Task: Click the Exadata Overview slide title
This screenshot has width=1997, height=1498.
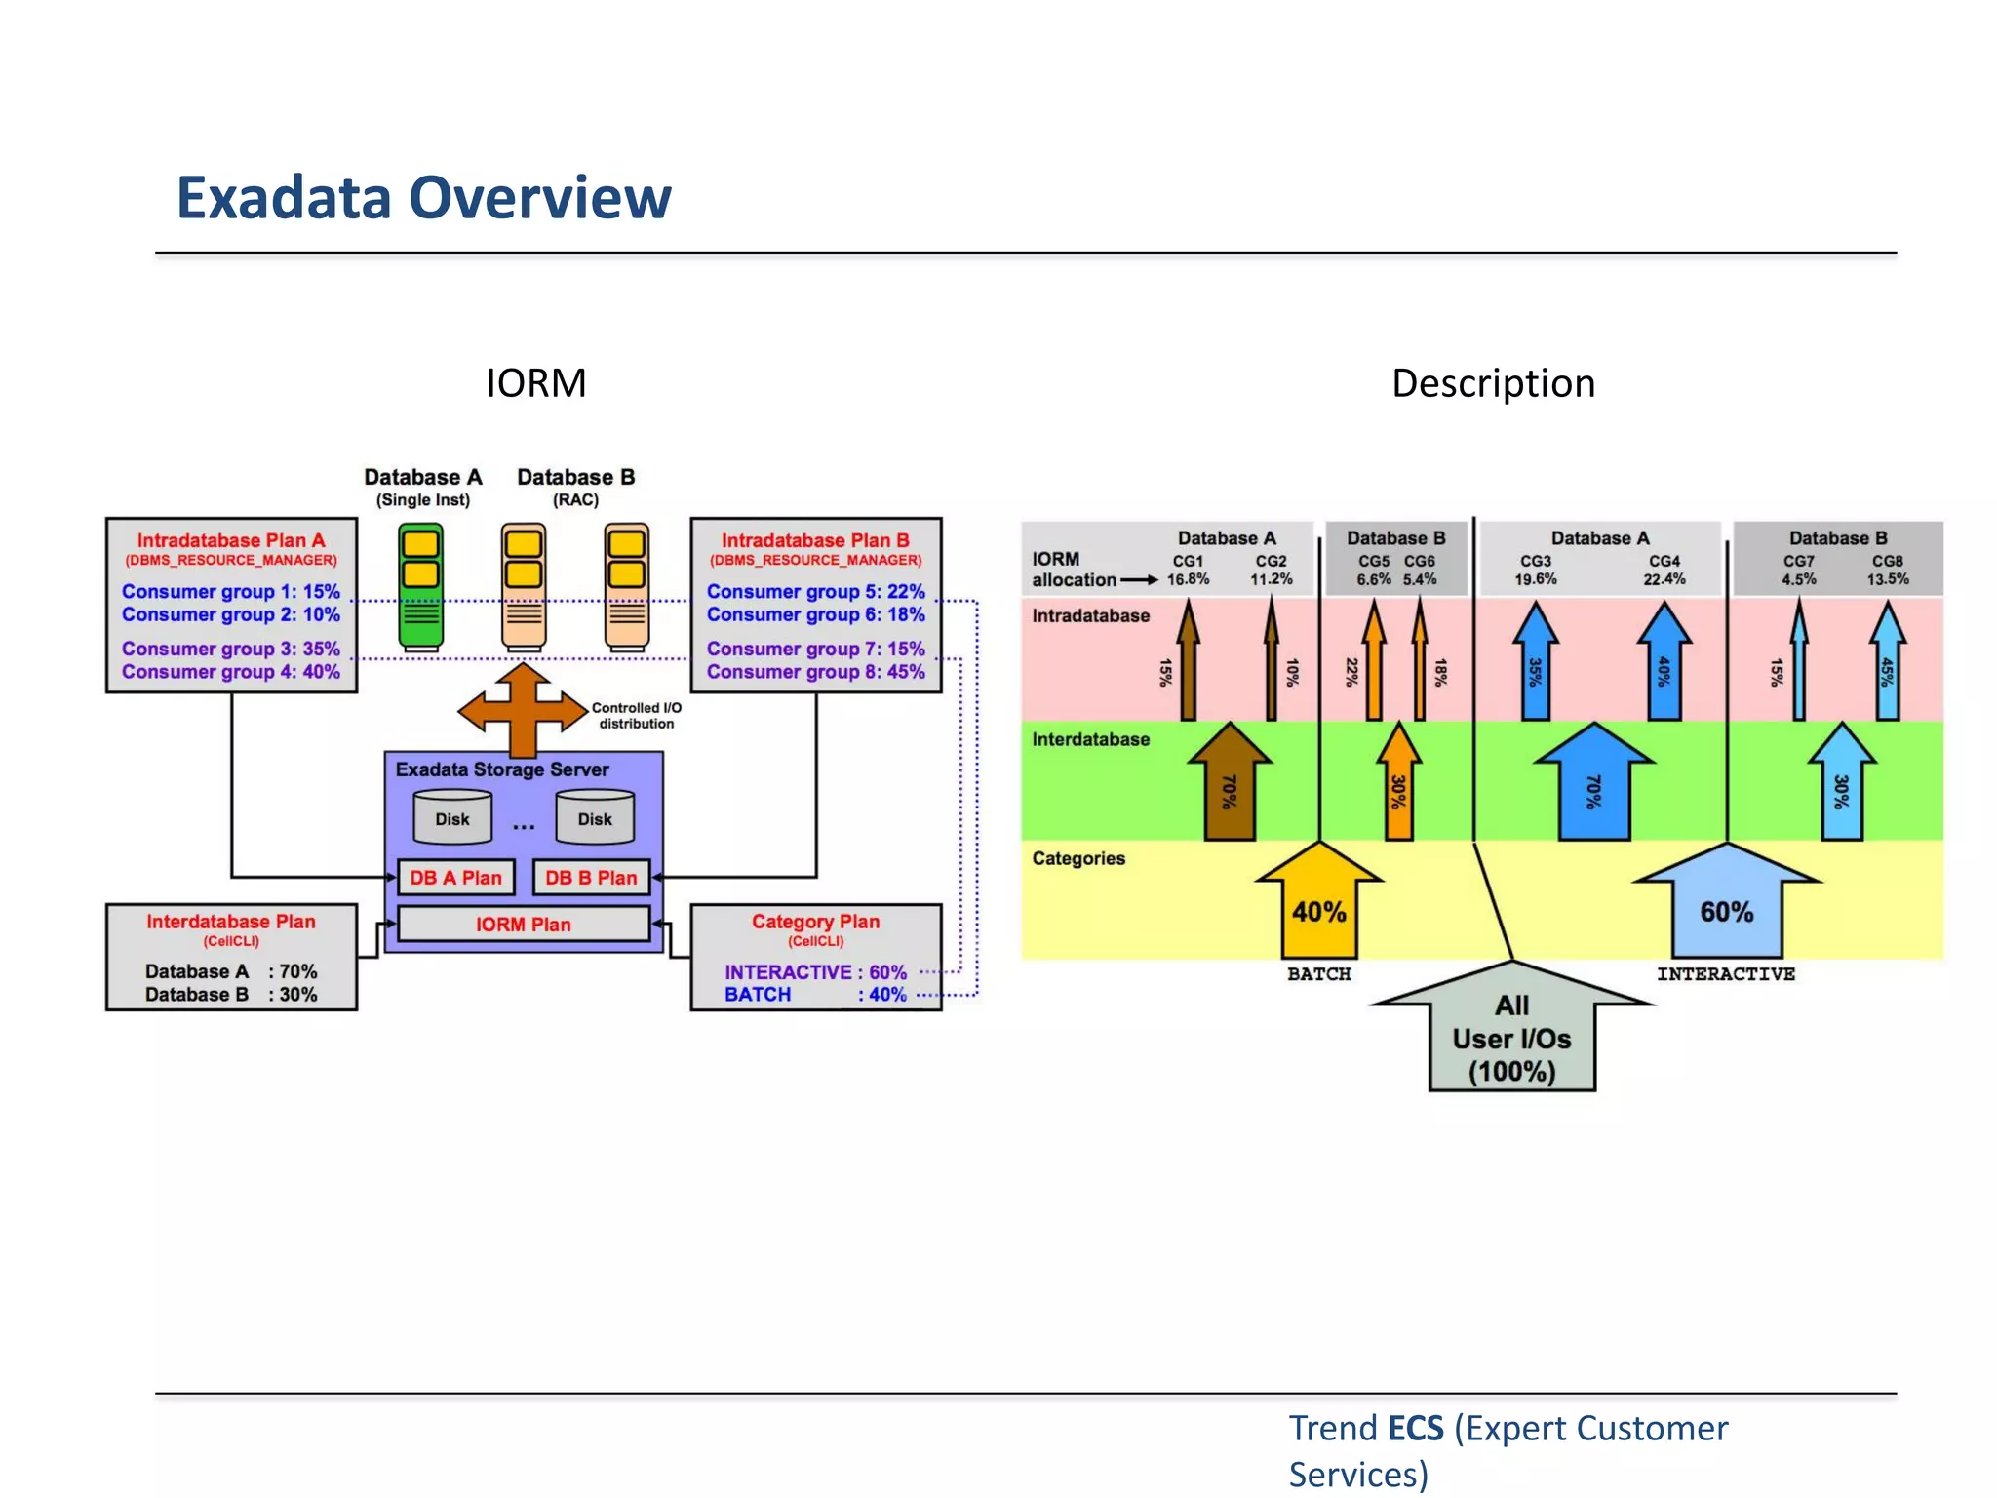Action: click(423, 198)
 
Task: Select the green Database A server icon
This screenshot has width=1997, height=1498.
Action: click(420, 586)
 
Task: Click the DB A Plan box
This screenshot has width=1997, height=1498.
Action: click(455, 878)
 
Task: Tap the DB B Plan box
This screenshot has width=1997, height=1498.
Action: click(591, 878)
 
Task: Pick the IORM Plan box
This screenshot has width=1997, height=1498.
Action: click(524, 925)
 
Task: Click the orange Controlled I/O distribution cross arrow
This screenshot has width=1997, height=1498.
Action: click(524, 712)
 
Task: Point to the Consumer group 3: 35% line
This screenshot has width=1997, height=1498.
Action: click(231, 649)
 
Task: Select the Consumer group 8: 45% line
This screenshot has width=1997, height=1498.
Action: click(815, 672)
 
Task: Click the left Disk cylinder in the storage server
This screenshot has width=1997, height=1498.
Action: click(452, 818)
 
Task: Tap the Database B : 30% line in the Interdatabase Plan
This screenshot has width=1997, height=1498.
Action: click(231, 995)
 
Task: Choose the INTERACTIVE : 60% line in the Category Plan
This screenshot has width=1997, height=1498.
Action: click(815, 972)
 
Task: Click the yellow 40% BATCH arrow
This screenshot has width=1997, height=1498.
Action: click(1318, 902)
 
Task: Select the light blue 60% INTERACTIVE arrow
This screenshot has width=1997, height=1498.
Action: click(1726, 902)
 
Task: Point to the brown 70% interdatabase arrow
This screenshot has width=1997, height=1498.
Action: click(1230, 785)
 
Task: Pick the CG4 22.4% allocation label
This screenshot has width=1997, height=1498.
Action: click(1664, 571)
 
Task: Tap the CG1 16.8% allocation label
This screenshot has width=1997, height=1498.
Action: click(1188, 571)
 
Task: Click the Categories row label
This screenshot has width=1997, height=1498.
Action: click(1078, 858)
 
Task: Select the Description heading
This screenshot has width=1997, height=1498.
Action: click(1493, 383)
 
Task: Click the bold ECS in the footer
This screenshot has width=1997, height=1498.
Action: click(1415, 1428)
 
